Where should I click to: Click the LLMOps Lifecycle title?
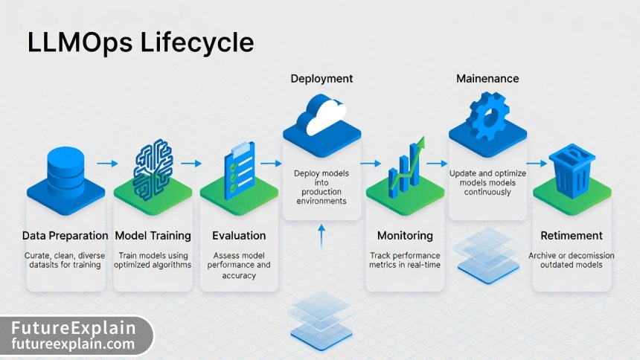point(140,42)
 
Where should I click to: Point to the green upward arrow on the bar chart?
point(417,152)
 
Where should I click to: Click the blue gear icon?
point(487,115)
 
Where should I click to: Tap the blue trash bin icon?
point(572,170)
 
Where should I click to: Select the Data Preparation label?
point(65,236)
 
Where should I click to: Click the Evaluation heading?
point(239,236)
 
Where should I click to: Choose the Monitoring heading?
point(405,236)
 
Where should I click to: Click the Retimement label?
point(572,236)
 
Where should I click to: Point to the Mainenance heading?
point(487,78)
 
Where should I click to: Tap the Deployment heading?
point(321,78)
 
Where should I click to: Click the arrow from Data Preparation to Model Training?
point(108,164)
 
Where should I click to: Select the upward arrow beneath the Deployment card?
point(321,237)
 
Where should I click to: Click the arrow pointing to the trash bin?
point(536,164)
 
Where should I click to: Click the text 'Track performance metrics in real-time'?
point(405,260)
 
